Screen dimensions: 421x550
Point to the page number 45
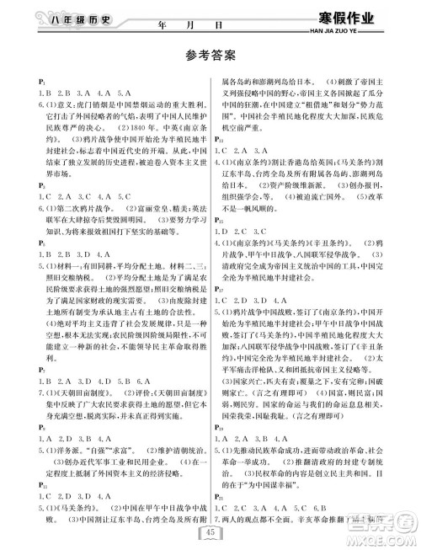point(210,530)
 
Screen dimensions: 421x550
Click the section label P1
point(30,80)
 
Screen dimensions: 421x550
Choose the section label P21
point(224,497)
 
